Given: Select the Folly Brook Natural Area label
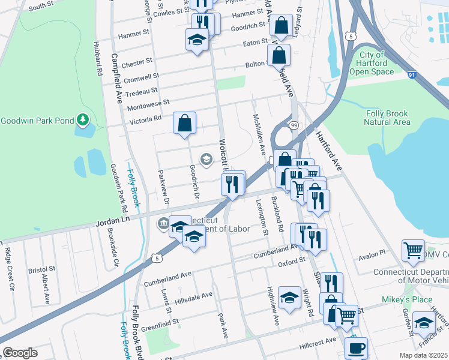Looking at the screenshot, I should (388, 117).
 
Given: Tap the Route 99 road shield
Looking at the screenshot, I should (294, 125).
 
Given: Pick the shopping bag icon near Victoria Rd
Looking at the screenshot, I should (185, 123).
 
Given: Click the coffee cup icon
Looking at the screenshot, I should (357, 347).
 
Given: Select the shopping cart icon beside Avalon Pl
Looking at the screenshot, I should (413, 251).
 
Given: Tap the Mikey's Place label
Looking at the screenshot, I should (406, 299).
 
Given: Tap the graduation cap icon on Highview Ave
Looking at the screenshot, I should (290, 298).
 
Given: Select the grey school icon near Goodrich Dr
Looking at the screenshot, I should (206, 159).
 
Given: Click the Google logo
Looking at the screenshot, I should (20, 353).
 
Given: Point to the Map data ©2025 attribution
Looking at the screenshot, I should (423, 355).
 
